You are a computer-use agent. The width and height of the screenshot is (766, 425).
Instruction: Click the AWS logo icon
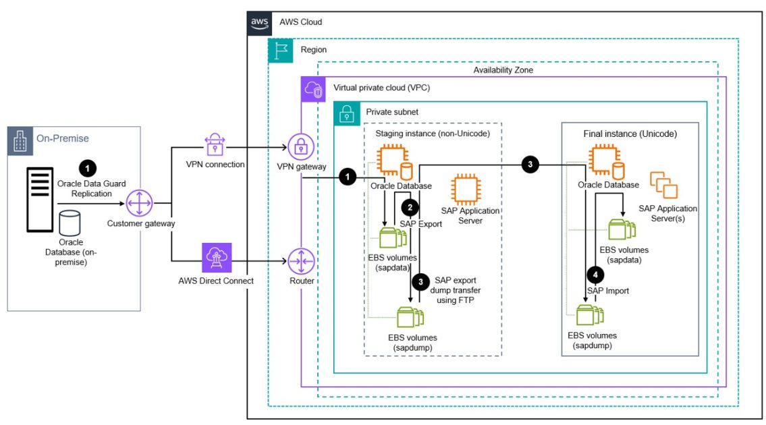(260, 22)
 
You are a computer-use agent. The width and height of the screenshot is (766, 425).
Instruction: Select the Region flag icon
(280, 51)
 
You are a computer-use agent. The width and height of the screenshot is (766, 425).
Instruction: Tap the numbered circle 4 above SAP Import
(595, 275)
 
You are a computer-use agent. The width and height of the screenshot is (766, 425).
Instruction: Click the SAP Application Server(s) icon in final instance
(663, 186)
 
